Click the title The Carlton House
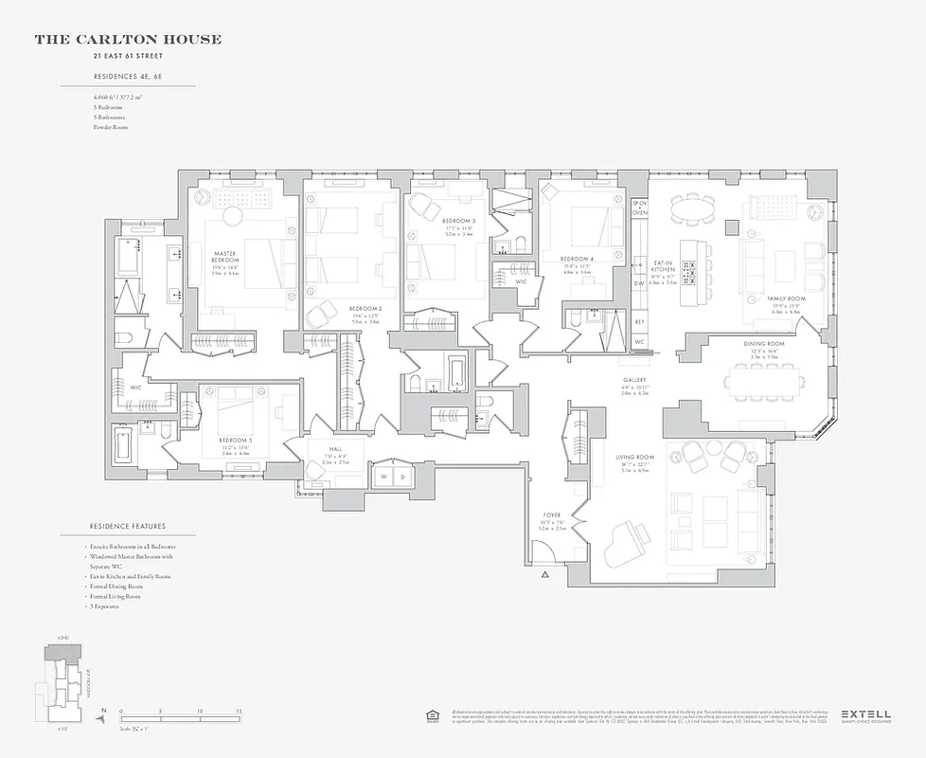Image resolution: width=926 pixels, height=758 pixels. tap(128, 40)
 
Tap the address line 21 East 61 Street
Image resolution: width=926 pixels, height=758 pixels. tap(128, 56)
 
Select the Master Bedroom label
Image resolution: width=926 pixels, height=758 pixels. tap(225, 257)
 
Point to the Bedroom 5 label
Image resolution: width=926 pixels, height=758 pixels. tap(236, 441)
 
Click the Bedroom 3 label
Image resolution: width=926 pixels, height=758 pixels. tap(458, 220)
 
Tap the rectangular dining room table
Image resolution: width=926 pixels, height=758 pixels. tap(764, 381)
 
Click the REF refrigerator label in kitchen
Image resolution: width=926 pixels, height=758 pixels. tap(640, 322)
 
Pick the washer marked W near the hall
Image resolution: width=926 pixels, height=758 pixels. tap(384, 476)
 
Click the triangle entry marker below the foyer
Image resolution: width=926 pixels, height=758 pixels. tap(544, 575)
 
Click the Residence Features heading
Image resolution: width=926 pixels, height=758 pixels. tap(128, 526)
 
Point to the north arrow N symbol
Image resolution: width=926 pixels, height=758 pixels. tap(104, 711)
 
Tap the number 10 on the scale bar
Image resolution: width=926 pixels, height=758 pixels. tap(200, 711)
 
